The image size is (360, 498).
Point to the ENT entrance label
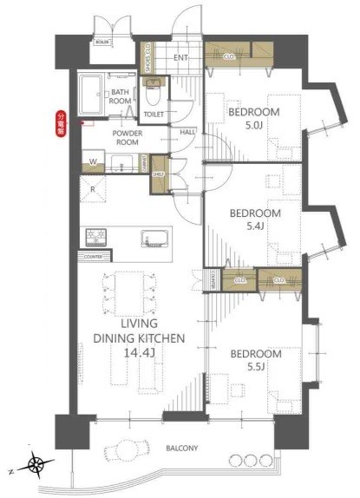coord(180,58)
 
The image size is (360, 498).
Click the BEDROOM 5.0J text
coord(254,118)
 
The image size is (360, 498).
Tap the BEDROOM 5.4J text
coord(254,219)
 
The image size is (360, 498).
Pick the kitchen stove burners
coord(95,237)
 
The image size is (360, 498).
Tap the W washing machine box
coord(92,161)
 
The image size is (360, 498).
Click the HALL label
coord(187,132)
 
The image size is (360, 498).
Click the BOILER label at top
coord(101,41)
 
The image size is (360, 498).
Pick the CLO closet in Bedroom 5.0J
coord(228,58)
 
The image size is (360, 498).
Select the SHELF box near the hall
coord(158,173)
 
